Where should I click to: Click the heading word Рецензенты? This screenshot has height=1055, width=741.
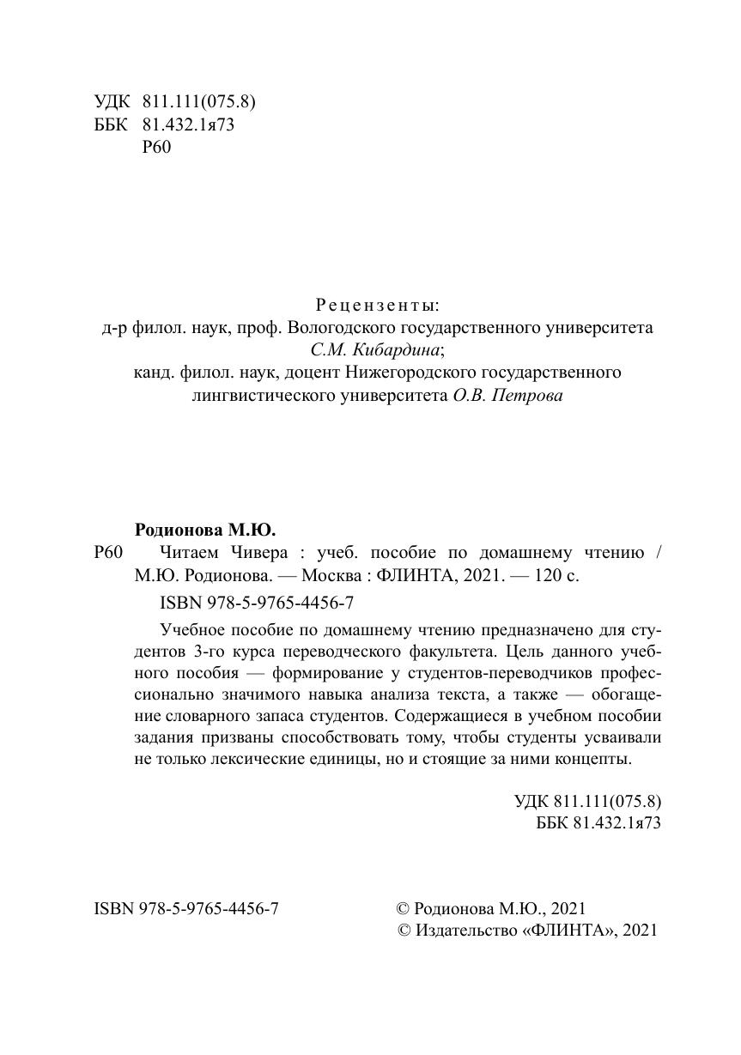377,305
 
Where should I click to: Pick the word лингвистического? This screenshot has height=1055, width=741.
260,396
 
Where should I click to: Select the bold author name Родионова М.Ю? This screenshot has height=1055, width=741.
205,530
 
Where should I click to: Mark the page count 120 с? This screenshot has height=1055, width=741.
556,575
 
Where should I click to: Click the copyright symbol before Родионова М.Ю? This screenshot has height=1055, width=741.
402,908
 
